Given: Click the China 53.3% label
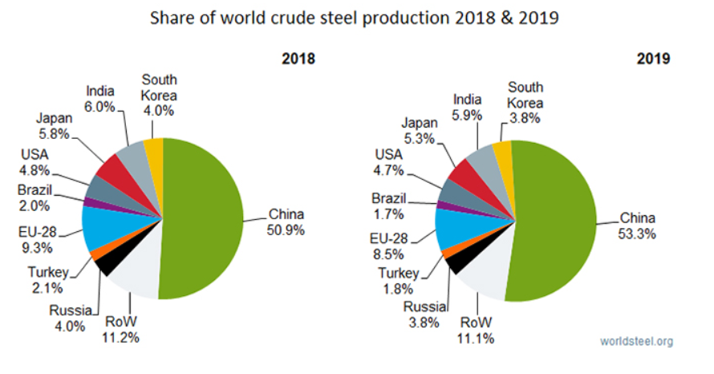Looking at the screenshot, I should point(637,226).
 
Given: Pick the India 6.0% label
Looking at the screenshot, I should point(101,97).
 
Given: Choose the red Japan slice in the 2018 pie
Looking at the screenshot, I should point(112,170).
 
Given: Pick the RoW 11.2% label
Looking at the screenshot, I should point(121,330).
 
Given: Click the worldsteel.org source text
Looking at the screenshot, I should point(637,341).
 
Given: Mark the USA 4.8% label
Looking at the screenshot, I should point(35,162).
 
